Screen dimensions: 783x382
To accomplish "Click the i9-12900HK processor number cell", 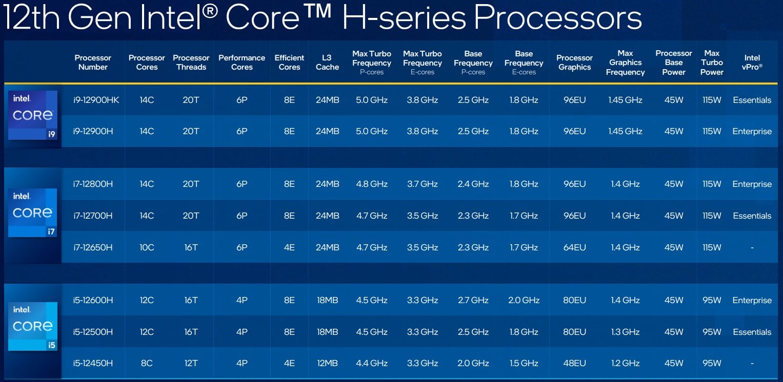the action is [96, 100].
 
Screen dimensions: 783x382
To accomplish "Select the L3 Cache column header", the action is [327, 62].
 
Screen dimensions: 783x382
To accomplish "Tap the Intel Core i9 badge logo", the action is [33, 115].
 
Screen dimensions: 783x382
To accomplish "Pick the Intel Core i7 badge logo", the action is [32, 213].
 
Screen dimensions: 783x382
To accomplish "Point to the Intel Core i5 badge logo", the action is [33, 327].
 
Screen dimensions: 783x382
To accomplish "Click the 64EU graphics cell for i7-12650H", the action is [574, 247].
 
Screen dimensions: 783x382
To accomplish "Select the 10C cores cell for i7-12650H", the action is [147, 247].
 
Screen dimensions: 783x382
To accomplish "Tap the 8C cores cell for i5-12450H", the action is [147, 363].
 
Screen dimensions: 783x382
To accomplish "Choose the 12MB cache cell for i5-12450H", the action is [327, 363].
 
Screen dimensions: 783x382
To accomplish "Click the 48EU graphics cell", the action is [574, 363].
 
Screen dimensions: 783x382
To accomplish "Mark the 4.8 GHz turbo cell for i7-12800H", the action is [372, 184].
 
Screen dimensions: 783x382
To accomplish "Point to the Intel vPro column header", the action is [752, 62].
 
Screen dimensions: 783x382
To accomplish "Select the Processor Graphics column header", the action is [574, 62].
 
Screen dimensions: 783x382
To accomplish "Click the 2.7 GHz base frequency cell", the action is [473, 300].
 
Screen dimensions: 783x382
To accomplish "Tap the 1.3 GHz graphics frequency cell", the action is [625, 332].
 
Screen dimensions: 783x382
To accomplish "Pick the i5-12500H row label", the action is [93, 332].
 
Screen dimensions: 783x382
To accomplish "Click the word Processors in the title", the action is [558, 17].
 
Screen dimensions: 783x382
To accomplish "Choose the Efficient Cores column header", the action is [289, 62].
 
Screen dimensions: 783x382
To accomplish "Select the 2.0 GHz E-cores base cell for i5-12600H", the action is [524, 300].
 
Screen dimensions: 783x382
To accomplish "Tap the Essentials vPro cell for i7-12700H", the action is [752, 216].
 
